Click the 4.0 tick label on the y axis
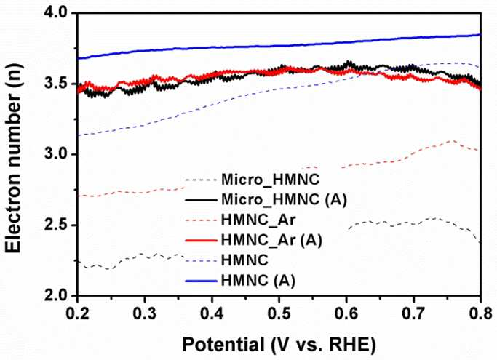tap(55, 13)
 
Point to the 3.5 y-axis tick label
tap(55, 84)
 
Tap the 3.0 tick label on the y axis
tap(55, 155)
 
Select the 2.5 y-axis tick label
tap(55, 225)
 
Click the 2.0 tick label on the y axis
tap(55, 296)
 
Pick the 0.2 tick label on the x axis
tap(78, 313)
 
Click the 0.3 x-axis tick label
tap(145, 313)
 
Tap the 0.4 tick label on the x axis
tap(212, 313)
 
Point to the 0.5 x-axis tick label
tap(279, 313)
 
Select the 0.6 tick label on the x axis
tap(346, 313)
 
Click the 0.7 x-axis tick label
tap(413, 313)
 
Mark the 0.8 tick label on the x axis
tap(480, 313)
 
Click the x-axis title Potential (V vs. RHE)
tap(279, 345)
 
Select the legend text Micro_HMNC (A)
tap(284, 200)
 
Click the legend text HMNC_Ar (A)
tap(271, 240)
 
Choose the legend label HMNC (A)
tap(258, 281)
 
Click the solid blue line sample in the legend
tap(201, 281)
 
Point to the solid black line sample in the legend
tap(201, 200)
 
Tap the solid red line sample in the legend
tap(201, 241)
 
